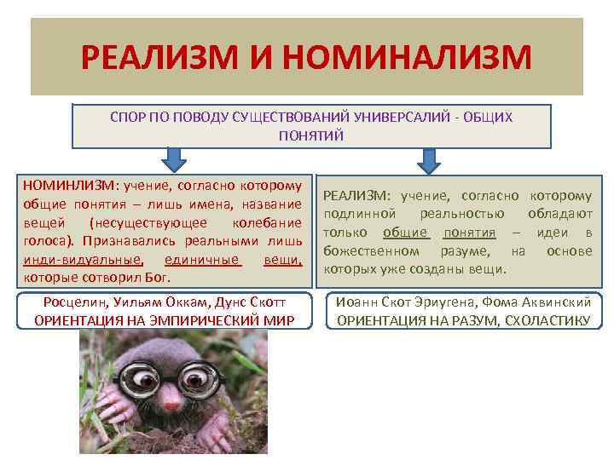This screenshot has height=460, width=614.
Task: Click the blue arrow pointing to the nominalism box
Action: (x=174, y=159)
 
